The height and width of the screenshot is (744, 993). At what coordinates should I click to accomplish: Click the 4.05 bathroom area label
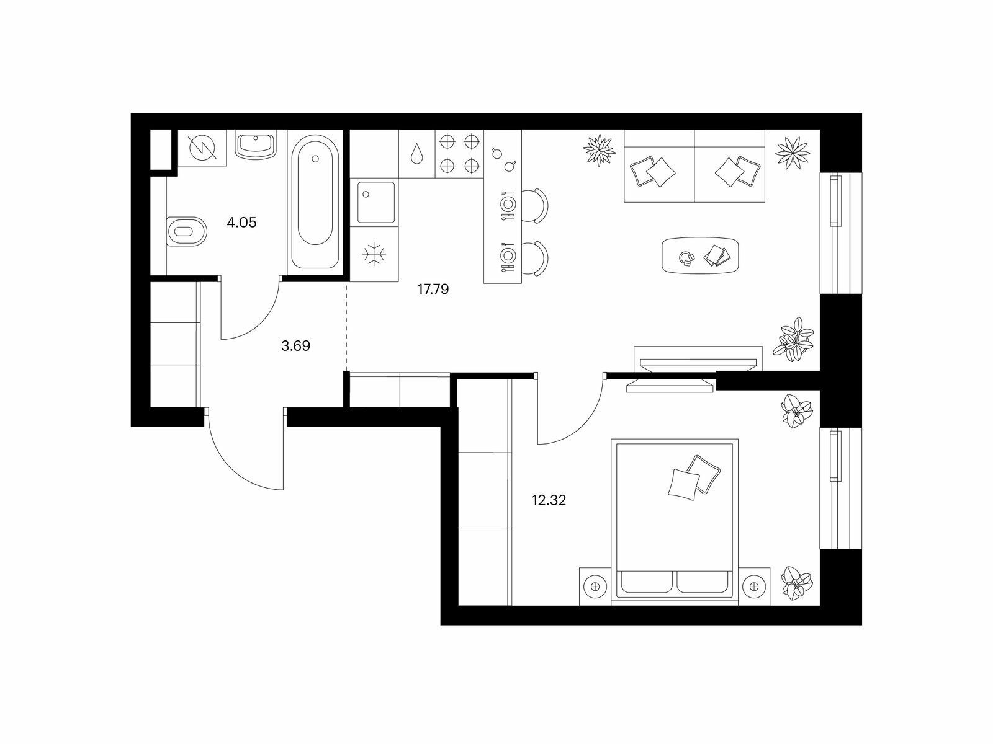coord(241,222)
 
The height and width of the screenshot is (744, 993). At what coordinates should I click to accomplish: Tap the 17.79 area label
coord(433,289)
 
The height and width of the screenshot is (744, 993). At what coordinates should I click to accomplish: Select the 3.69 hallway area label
coord(295,346)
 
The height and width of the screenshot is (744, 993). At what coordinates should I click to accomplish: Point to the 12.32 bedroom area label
coord(549,500)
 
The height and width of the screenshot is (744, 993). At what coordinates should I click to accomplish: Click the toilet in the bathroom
coord(186,231)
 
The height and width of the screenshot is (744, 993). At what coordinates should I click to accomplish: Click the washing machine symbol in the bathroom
coord(202,148)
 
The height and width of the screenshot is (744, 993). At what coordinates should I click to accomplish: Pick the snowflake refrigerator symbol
coord(374,254)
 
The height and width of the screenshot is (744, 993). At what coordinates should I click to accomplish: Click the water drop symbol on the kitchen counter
coord(416,154)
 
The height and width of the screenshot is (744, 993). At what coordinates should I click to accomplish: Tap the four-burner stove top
coord(459,154)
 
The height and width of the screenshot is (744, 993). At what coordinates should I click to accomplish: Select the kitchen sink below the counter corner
coord(375,202)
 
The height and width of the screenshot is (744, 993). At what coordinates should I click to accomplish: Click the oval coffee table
coord(700,255)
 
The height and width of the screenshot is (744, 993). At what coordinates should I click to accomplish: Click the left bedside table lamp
coord(595,587)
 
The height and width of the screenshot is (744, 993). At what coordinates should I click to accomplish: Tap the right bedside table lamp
coord(753,587)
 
